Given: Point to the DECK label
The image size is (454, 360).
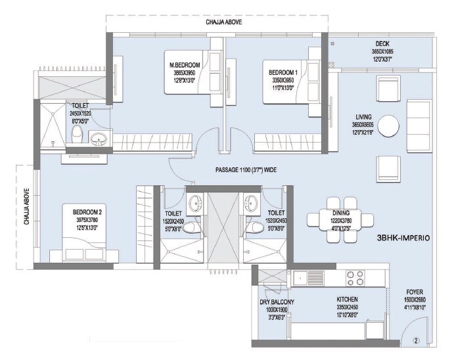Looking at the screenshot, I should tap(382, 44).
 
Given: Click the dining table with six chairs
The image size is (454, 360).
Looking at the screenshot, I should tap(340, 214).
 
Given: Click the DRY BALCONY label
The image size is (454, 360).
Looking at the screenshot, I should tap(277, 302).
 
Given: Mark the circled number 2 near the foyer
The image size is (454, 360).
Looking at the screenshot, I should tap(415, 340).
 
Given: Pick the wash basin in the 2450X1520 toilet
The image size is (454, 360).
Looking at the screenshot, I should tap(99, 138).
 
